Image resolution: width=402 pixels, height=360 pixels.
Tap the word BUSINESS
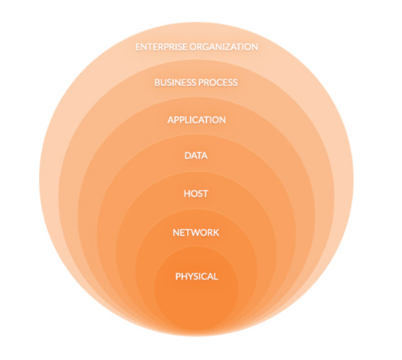(175, 83)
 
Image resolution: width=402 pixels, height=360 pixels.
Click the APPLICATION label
(196, 120)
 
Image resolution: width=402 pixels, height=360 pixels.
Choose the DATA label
(196, 156)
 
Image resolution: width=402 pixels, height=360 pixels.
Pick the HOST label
(196, 194)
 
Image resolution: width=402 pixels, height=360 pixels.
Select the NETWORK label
(196, 233)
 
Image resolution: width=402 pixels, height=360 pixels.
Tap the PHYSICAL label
(196, 277)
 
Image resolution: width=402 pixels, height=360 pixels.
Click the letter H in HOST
(186, 194)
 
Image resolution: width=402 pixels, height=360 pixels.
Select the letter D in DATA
(187, 156)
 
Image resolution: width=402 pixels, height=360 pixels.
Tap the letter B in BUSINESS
(157, 83)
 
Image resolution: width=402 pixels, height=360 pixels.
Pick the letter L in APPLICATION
(187, 120)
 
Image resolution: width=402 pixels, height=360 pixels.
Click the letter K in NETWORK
(216, 233)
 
